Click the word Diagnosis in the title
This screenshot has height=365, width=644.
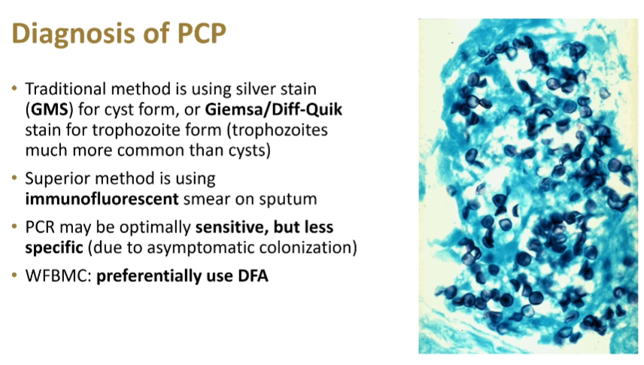(74, 34)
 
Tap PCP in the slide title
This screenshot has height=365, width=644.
(202, 32)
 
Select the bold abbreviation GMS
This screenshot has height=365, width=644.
(50, 109)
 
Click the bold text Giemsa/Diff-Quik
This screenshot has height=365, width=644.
(274, 109)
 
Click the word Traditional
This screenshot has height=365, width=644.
(65, 89)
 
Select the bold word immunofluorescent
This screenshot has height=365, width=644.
(102, 199)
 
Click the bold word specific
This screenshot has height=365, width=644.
(54, 248)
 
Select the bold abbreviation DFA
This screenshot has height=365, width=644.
(253, 275)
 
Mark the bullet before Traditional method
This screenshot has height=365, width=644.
(15, 87)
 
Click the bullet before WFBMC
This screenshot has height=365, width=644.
(15, 275)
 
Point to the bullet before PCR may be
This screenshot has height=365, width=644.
(15, 226)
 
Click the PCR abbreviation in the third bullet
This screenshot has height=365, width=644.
(40, 227)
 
